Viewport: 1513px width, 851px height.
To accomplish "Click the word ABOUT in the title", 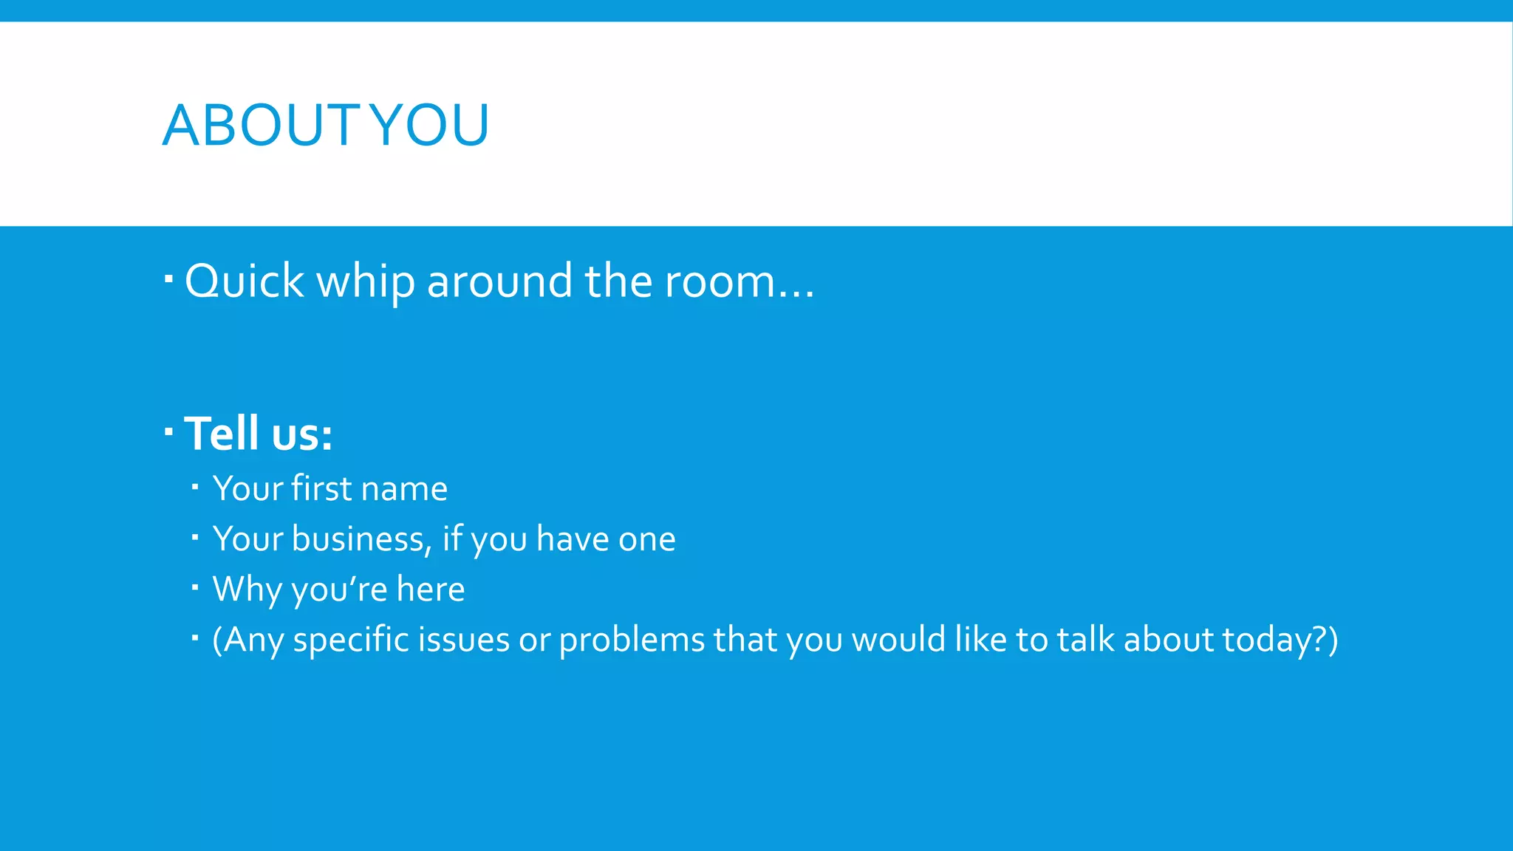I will pos(262,125).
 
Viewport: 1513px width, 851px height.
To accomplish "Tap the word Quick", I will pos(245,281).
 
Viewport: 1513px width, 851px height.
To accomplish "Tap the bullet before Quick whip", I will pos(168,279).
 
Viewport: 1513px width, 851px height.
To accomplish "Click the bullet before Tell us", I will pos(168,430).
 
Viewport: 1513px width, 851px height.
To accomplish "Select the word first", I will pos(321,488).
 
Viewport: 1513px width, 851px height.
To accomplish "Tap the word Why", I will pos(247,589).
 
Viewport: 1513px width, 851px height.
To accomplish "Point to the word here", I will pos(431,589).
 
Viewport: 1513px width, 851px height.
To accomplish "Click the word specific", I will pos(351,640).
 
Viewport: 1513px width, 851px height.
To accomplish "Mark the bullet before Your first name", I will pos(195,487).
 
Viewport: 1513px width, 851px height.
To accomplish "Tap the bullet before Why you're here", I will pos(195,587).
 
